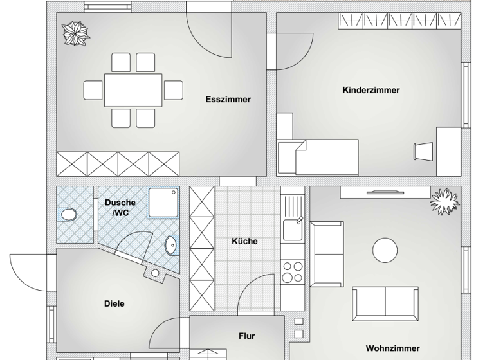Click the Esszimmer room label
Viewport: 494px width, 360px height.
(228, 100)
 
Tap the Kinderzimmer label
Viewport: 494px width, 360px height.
(370, 91)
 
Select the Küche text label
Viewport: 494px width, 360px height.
(244, 242)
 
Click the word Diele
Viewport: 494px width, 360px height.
(114, 303)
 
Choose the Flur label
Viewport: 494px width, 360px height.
(246, 336)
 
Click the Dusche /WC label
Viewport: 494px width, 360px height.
(120, 207)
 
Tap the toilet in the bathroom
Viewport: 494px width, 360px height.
(67, 215)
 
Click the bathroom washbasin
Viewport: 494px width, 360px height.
(171, 245)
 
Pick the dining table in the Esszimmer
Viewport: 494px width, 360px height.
(133, 90)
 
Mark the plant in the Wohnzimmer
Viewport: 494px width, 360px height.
(444, 201)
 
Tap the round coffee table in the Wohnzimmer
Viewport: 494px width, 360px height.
(385, 249)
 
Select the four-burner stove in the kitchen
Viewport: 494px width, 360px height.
(293, 271)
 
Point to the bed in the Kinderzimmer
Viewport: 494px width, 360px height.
(318, 157)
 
